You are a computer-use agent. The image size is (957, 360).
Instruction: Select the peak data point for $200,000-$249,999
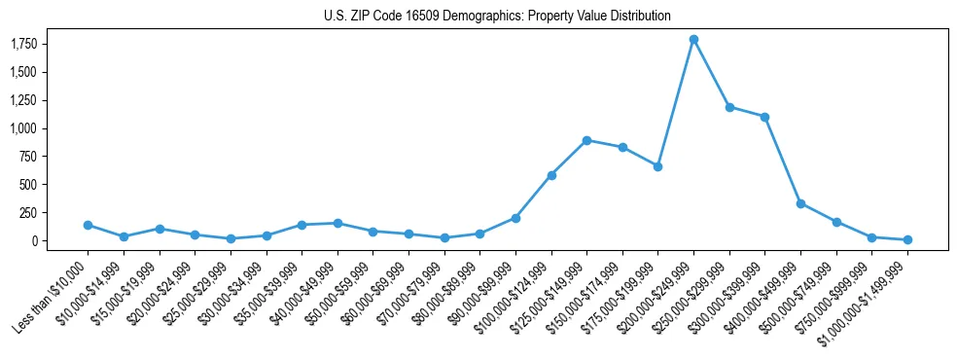pos(693,40)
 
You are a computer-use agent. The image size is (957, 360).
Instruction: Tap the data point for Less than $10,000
pos(88,225)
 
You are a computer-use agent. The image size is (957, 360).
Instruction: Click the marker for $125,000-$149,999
pos(586,140)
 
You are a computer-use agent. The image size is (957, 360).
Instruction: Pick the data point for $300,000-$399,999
pos(764,117)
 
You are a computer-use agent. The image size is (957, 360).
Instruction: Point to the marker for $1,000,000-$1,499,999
pos(907,239)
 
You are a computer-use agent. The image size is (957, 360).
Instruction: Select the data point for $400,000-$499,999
pos(800,203)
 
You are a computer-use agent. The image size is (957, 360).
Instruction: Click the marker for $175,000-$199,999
pos(657,166)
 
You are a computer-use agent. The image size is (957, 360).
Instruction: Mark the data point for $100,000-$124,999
pos(551,175)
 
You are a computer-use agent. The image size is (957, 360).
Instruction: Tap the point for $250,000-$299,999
pos(729,107)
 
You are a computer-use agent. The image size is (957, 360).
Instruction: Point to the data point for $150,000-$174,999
pos(622,147)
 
